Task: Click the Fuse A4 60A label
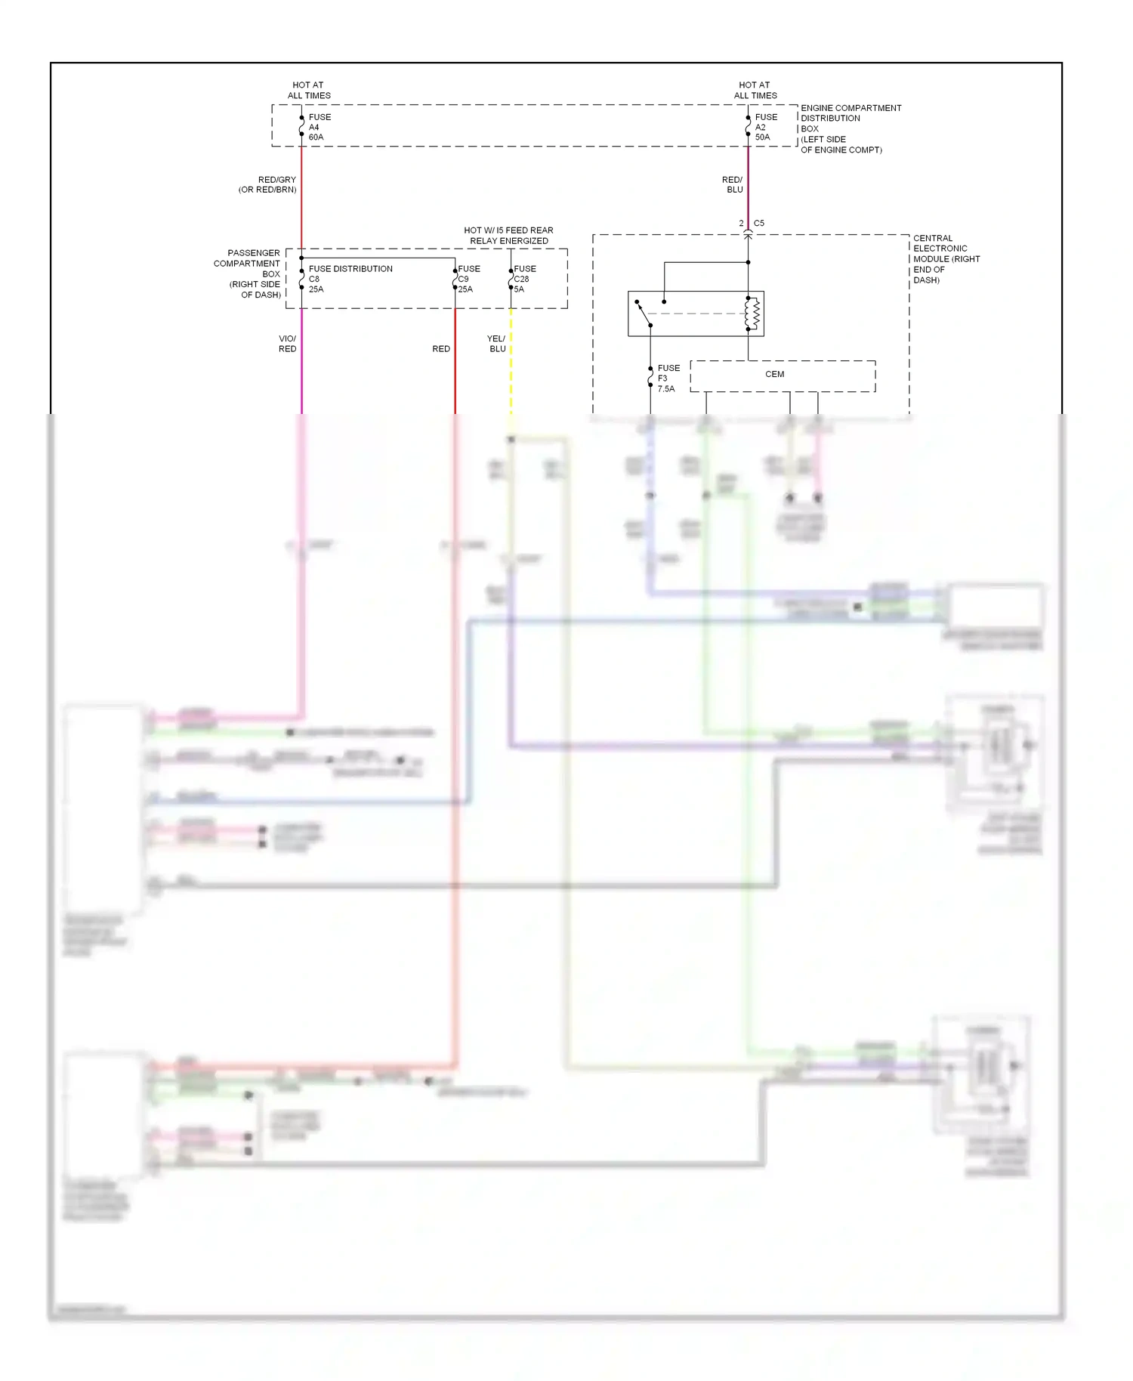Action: point(319,127)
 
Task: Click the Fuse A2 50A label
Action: point(765,127)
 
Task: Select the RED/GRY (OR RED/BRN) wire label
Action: point(268,184)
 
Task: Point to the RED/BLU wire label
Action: point(733,184)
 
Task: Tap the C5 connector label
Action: point(758,223)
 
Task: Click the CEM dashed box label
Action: point(775,374)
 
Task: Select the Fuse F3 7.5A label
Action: point(668,378)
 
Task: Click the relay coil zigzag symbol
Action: point(753,314)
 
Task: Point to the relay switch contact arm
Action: point(644,314)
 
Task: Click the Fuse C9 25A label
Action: point(468,279)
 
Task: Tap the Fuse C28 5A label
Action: point(524,279)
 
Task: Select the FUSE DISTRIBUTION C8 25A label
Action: point(349,278)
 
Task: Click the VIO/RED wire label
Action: point(287,344)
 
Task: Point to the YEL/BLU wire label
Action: point(496,344)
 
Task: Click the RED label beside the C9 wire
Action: point(441,349)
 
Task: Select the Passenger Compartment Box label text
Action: point(248,273)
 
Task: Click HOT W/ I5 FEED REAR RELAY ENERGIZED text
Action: point(508,236)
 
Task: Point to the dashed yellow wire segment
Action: point(511,363)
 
